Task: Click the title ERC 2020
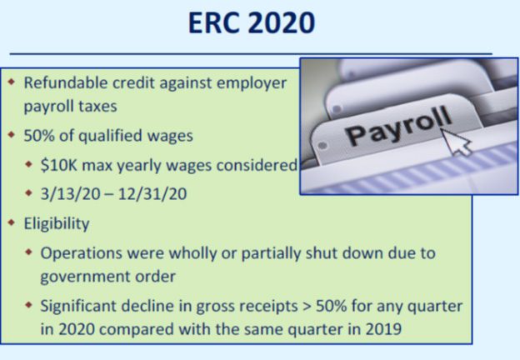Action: (252, 22)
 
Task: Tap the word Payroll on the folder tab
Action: (398, 126)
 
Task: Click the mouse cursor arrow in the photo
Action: (457, 142)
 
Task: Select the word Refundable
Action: (66, 82)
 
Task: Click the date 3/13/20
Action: (70, 194)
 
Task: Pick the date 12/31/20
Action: (152, 194)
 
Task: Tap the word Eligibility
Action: (57, 224)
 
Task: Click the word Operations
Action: (82, 253)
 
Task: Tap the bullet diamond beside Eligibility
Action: (12, 222)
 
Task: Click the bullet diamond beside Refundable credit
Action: (12, 82)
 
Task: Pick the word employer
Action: (252, 83)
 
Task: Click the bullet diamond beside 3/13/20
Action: (29, 193)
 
